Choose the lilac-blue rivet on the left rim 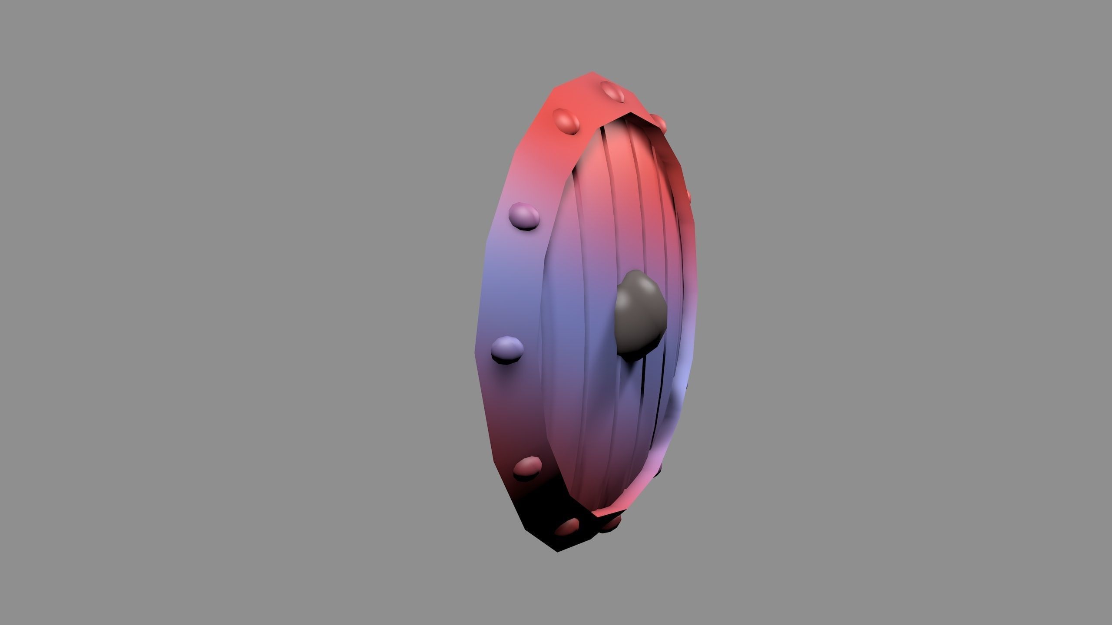point(507,349)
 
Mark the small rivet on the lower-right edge point(659,470)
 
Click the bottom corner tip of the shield point(558,551)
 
